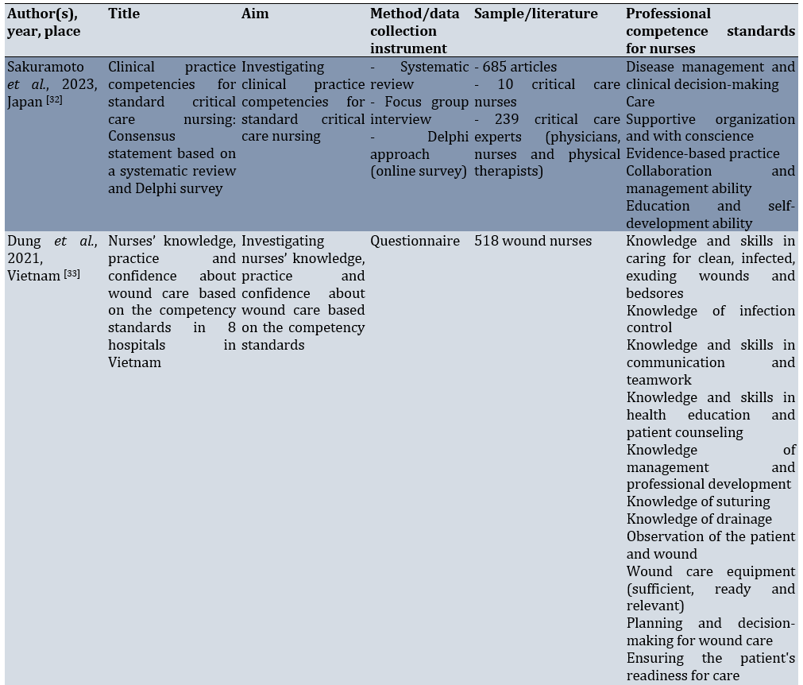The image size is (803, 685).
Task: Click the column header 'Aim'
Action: point(255,14)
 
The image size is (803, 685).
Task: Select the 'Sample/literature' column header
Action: point(535,14)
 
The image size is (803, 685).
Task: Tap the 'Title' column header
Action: point(123,14)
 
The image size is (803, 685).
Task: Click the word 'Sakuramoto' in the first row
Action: point(45,67)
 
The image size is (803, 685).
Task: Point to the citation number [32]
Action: point(53,101)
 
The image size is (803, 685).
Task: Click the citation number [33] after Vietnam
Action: point(71,274)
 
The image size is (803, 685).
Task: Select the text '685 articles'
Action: point(520,67)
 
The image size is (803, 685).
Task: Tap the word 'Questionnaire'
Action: point(415,241)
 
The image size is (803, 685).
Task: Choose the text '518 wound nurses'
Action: point(532,241)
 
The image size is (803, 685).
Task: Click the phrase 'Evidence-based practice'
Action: point(703,153)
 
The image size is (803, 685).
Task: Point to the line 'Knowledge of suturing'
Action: point(698,501)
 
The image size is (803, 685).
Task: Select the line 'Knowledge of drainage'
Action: point(699,519)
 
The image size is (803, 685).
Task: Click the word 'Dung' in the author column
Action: point(23,241)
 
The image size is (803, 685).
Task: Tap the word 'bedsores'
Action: point(654,293)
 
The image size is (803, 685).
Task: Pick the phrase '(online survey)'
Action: point(419,171)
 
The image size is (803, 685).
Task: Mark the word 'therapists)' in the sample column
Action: point(508,171)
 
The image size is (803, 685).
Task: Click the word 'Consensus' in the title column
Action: point(141,137)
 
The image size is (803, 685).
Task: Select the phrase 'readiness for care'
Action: point(683,675)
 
